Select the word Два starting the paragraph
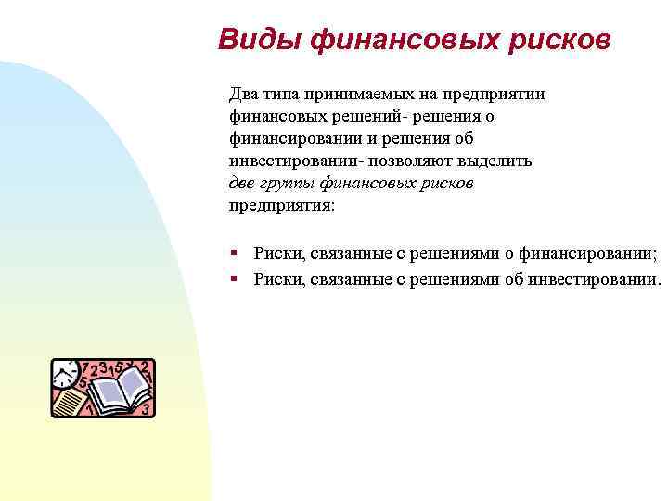(244, 94)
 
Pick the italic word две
(242, 183)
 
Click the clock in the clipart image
(65, 375)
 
